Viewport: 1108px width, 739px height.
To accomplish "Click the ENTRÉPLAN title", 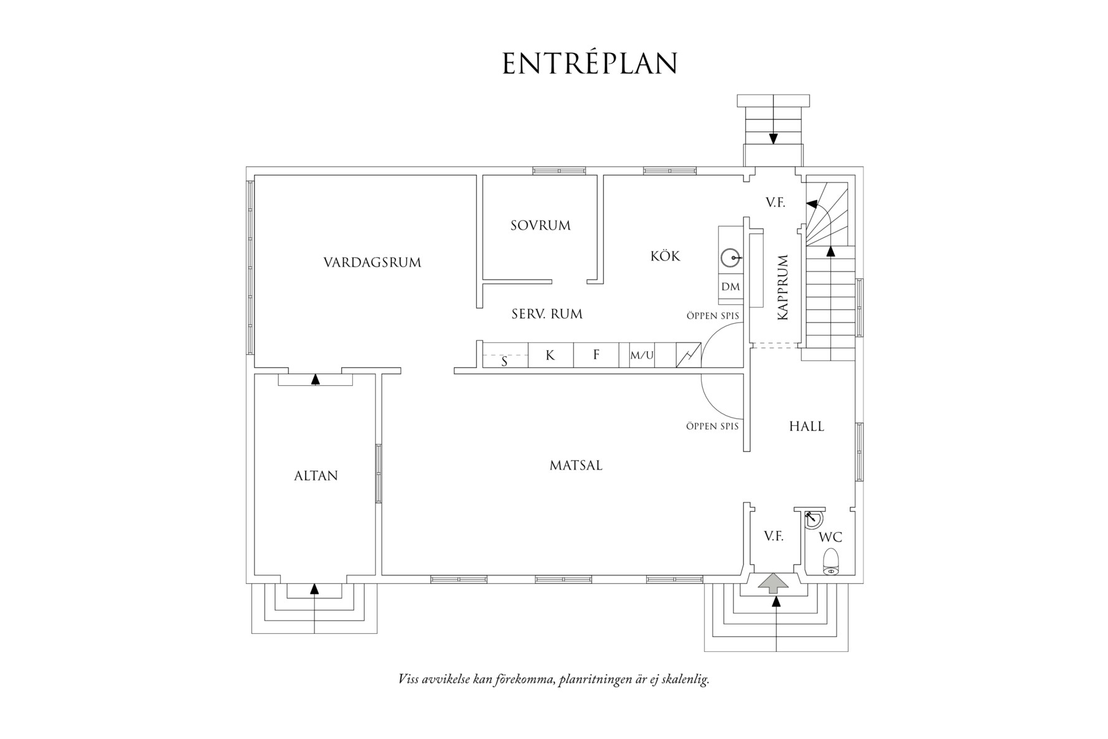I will point(589,64).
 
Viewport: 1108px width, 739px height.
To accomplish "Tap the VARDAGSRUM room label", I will point(372,263).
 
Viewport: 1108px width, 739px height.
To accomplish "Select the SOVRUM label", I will point(540,225).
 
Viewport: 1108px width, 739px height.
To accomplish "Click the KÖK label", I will point(665,256).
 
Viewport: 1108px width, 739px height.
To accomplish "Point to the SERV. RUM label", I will point(547,314).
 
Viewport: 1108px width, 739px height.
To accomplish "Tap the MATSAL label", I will point(576,465).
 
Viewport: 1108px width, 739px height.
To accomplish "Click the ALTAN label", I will point(316,476).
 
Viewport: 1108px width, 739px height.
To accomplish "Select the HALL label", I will point(806,426).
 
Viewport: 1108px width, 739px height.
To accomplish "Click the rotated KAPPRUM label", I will point(783,287).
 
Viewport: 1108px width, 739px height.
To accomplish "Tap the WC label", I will point(830,537).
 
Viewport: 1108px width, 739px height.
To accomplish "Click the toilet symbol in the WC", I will point(831,561).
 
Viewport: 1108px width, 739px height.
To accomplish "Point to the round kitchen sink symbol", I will point(731,257).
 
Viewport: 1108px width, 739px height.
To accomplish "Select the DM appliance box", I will point(731,286).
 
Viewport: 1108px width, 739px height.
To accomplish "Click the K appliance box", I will point(550,355).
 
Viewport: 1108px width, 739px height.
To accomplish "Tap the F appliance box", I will point(596,355).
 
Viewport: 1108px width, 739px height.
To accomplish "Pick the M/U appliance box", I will point(642,355).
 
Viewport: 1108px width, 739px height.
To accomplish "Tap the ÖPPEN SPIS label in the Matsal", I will point(712,426).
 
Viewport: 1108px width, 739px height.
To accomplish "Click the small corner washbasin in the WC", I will point(813,519).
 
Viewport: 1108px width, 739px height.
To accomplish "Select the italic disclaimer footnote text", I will point(553,679).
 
